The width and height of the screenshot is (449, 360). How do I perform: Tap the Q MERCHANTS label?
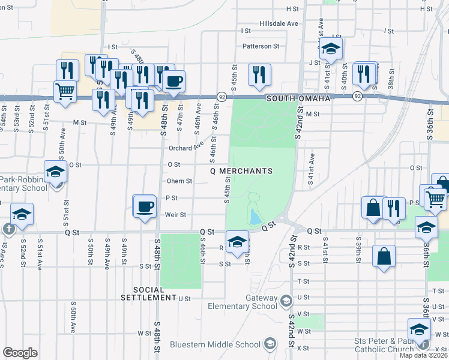tap(241, 171)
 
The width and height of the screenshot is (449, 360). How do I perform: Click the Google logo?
tap(20, 353)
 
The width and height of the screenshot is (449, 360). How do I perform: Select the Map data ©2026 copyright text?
tap(424, 355)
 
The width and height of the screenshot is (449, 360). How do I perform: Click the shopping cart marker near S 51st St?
tap(65, 91)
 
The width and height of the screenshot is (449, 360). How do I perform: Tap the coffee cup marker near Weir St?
tap(144, 206)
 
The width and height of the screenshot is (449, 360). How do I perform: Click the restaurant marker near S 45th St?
tap(259, 74)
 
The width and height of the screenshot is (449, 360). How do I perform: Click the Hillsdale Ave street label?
tap(279, 23)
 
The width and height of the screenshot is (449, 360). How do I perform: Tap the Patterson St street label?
tap(261, 46)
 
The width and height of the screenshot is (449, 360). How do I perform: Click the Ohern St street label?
tap(179, 181)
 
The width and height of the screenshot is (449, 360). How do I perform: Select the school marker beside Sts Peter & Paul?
tap(419, 328)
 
